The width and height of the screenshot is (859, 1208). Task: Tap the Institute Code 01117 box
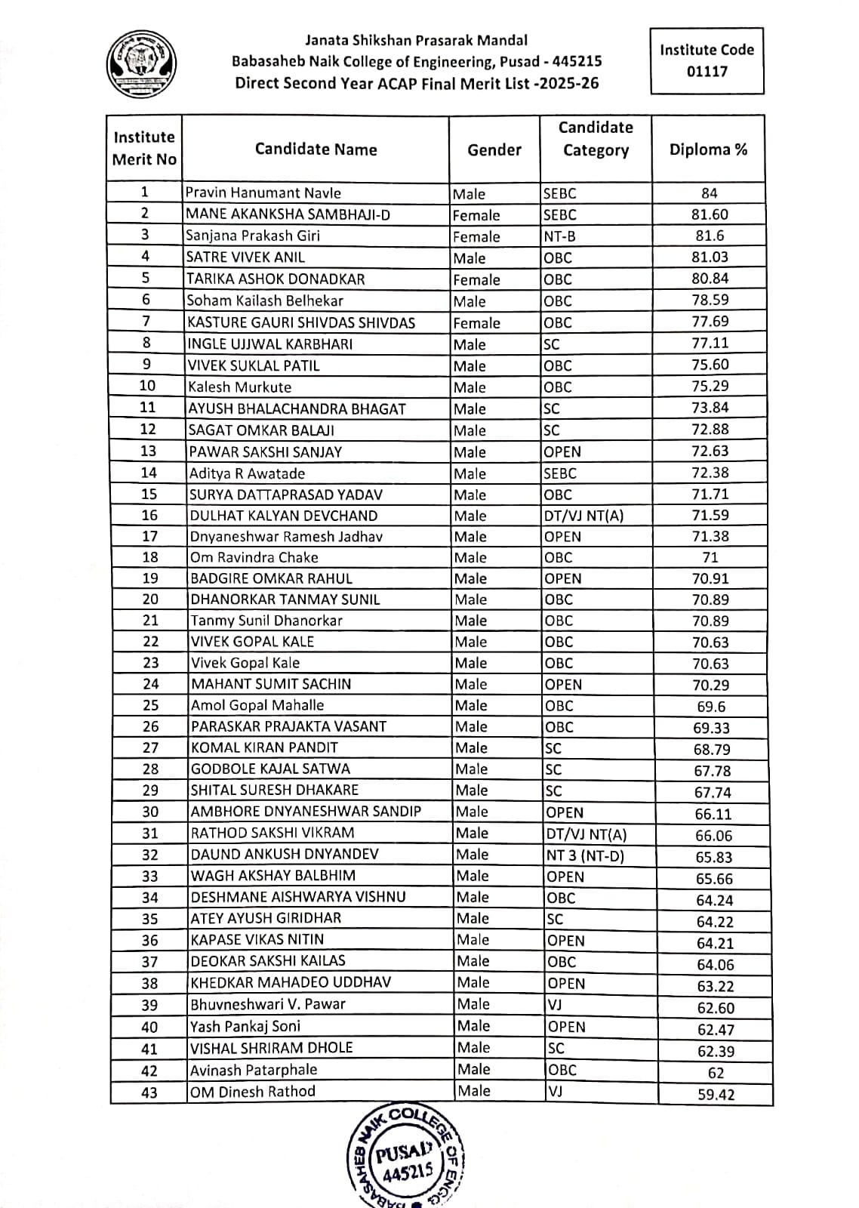tap(707, 60)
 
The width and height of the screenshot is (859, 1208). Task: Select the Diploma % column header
tap(708, 149)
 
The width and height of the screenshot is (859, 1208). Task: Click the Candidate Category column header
tap(596, 139)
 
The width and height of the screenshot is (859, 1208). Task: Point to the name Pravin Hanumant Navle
tap(263, 193)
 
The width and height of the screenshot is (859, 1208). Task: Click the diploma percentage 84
tap(709, 193)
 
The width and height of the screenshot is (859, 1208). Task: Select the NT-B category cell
tap(560, 236)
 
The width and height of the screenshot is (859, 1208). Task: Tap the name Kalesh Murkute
tap(240, 387)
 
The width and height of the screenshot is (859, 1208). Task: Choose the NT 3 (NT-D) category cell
tap(585, 855)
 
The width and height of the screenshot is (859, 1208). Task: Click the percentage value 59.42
tap(716, 1095)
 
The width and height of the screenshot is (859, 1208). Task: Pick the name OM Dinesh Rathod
tap(253, 1092)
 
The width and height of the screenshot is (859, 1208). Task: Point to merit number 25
tap(150, 705)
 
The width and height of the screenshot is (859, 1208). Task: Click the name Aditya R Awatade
tap(248, 473)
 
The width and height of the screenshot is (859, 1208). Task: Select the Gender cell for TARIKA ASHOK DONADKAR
tap(476, 279)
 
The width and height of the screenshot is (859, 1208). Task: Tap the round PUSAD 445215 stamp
tap(405, 1159)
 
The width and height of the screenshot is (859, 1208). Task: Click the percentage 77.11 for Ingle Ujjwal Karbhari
tap(710, 343)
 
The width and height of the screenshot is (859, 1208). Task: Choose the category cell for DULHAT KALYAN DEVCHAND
tap(584, 516)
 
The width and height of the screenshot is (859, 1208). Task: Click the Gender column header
tap(494, 149)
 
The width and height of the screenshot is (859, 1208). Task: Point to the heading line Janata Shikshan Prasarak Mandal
tap(416, 40)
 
